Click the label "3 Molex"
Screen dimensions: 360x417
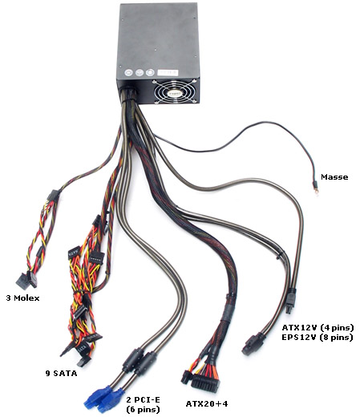click(x=22, y=298)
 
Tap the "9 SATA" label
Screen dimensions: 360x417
click(x=62, y=373)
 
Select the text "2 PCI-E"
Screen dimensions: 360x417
click(x=144, y=399)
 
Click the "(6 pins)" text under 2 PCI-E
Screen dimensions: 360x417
click(x=143, y=409)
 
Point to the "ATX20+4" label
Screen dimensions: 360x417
click(x=207, y=403)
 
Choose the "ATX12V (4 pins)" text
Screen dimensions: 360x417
click(x=318, y=327)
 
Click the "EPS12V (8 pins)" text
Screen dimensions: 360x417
click(x=318, y=338)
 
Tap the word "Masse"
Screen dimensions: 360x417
click(x=334, y=176)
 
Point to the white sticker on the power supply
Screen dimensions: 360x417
click(x=168, y=73)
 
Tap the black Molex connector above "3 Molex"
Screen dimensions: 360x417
click(x=26, y=280)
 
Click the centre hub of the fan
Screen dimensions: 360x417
click(x=175, y=92)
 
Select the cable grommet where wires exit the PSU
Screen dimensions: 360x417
click(x=128, y=94)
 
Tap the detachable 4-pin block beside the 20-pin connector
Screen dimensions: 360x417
click(x=187, y=377)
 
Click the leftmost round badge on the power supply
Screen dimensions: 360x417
click(x=129, y=73)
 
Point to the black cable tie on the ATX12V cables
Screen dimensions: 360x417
click(x=279, y=256)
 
